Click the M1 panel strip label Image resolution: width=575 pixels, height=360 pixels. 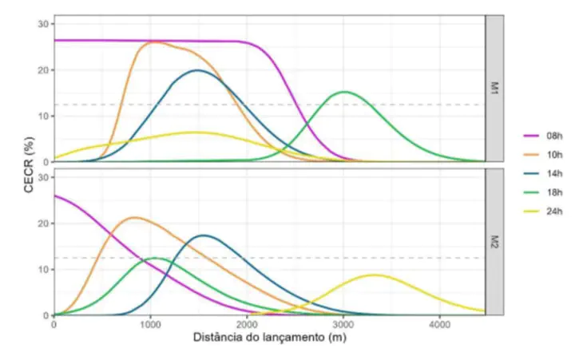[x=495, y=89]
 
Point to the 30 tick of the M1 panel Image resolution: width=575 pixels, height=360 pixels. [x=43, y=24]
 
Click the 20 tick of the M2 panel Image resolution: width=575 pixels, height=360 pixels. [x=43, y=224]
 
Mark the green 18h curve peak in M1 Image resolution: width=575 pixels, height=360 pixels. [x=343, y=92]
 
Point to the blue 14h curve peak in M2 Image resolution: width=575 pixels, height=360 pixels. [x=204, y=235]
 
